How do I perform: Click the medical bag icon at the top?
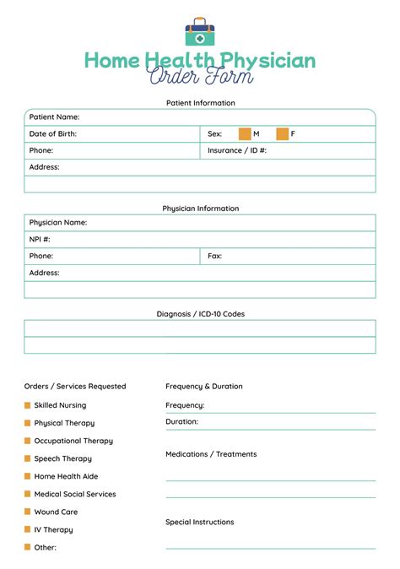pos(200,32)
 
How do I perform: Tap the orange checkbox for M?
pos(245,133)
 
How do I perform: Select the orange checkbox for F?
pos(282,133)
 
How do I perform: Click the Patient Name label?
pos(54,117)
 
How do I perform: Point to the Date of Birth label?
pos(53,133)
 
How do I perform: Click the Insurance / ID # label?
pos(237,150)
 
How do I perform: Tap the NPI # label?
pos(40,239)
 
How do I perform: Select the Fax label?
pos(215,256)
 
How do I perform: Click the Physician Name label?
pos(58,222)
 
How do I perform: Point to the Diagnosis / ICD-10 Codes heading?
pos(200,314)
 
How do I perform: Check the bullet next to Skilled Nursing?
pos(27,405)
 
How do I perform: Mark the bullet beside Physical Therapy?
pos(27,423)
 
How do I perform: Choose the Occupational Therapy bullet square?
pos(27,441)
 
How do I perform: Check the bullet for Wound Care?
pos(27,512)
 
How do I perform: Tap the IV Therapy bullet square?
pos(27,529)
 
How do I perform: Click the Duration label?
pos(181,421)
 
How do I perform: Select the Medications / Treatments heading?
pos(211,454)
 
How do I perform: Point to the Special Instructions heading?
pos(199,522)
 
